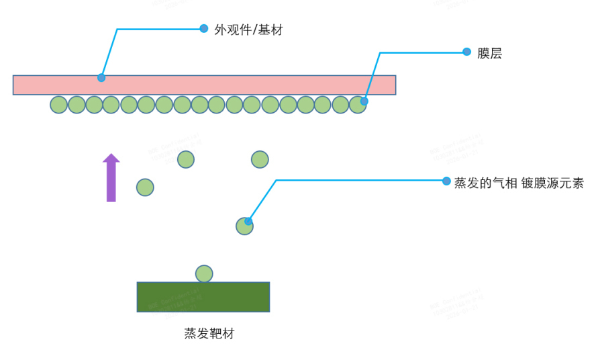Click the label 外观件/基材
248,30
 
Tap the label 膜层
489,54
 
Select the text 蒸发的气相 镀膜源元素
519,183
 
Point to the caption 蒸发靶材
209,334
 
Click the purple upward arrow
111,177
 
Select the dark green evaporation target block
203,297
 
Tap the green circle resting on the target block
204,274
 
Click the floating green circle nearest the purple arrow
145,187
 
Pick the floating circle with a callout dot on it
244,226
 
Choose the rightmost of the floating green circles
260,159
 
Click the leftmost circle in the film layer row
59,105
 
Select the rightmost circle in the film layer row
358,105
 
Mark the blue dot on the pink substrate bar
101,78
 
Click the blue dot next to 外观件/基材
204,28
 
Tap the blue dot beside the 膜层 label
466,52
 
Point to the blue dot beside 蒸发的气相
446,181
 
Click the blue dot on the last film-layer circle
364,101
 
